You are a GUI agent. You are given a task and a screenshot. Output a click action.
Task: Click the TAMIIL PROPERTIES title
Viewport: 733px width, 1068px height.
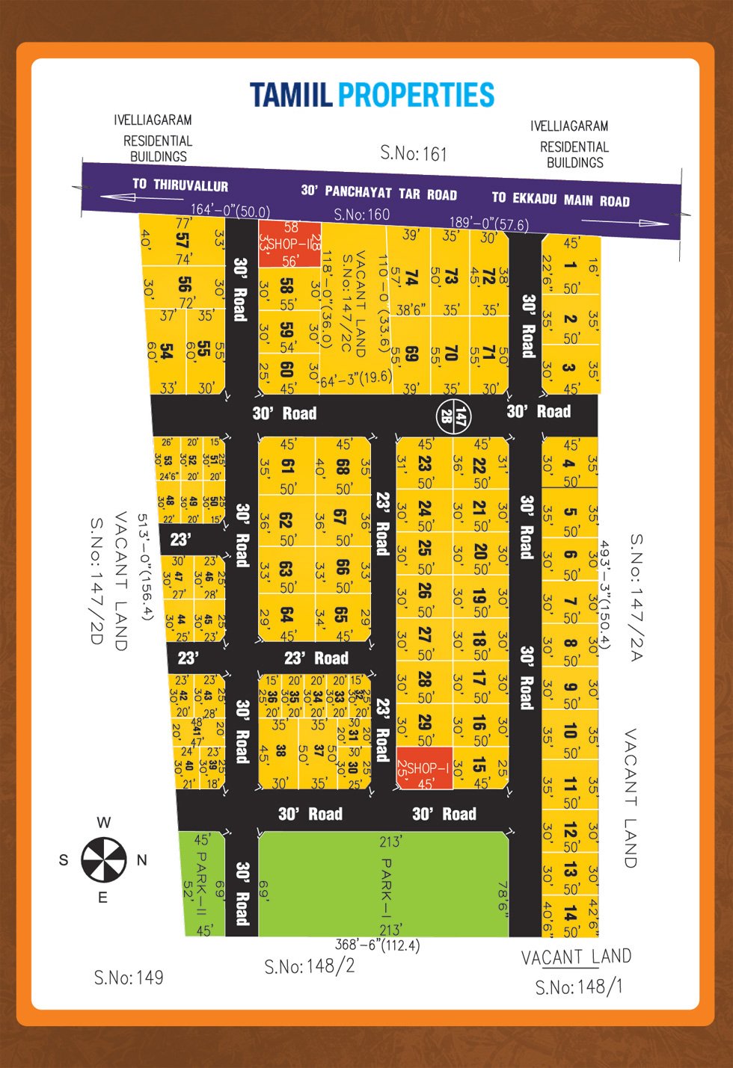(x=372, y=95)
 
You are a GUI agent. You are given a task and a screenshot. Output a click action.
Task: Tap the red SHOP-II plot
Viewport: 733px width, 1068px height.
(x=290, y=244)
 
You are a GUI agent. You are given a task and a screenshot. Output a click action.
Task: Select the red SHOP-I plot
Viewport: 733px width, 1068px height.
(x=424, y=768)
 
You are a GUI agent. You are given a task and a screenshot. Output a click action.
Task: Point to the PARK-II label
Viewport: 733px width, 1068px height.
(x=200, y=882)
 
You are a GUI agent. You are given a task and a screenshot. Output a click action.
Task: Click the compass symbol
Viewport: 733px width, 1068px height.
(x=104, y=859)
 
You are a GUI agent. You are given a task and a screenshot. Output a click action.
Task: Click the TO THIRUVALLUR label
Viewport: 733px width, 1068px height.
(x=180, y=185)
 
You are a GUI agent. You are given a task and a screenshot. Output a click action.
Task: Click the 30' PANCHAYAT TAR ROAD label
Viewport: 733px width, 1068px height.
(x=378, y=192)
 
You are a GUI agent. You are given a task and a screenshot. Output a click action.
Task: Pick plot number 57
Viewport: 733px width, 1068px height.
(x=182, y=240)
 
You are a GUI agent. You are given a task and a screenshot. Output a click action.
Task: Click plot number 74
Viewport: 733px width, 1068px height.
(x=411, y=278)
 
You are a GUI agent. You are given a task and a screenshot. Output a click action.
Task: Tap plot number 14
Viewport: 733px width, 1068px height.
(x=571, y=913)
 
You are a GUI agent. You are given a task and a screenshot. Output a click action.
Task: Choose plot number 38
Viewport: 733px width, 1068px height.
(x=281, y=750)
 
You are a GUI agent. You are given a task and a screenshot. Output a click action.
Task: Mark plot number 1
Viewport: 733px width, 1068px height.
(x=571, y=265)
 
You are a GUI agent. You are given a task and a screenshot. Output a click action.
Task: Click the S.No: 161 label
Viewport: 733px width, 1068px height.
(x=413, y=153)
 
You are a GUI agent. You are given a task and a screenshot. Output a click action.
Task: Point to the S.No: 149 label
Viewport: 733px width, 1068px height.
(x=128, y=977)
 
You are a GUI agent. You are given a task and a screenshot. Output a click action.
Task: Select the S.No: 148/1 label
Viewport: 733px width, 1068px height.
(x=578, y=987)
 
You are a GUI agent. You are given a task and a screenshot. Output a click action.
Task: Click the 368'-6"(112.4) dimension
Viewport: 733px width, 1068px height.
(x=377, y=945)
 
